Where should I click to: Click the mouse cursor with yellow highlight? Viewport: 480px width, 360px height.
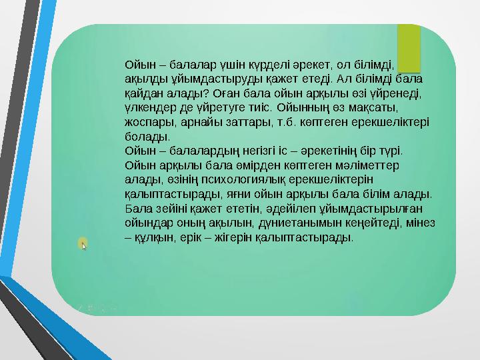click(83, 245)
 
